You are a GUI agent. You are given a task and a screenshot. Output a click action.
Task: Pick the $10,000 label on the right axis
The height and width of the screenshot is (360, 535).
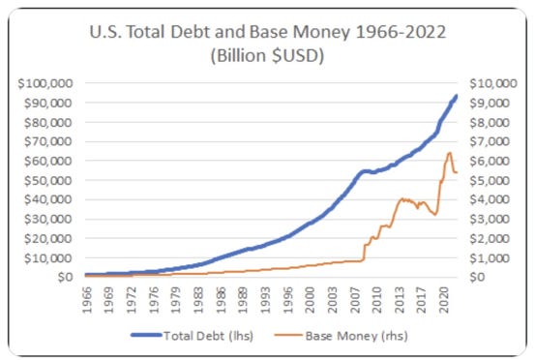490,83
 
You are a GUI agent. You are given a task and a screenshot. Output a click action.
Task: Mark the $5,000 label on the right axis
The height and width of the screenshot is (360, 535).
488,180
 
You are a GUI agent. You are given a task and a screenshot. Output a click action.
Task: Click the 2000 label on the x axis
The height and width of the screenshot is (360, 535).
311,298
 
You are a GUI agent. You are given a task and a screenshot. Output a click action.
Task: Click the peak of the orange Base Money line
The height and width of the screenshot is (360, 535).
449,153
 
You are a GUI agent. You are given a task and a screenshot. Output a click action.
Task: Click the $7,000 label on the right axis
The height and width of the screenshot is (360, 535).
488,141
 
